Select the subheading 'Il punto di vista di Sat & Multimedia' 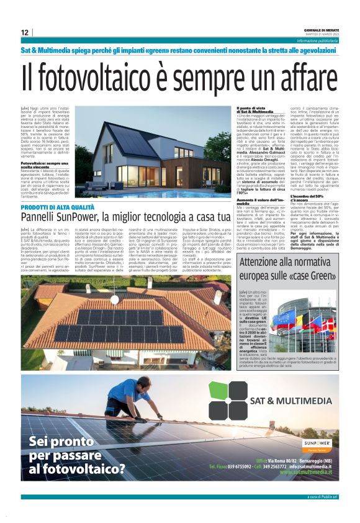coord(256,110)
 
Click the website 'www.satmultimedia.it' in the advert coord(305,472)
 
